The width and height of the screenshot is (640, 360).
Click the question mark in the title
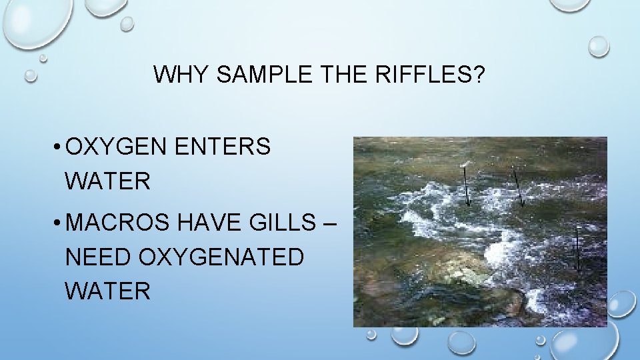477,75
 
